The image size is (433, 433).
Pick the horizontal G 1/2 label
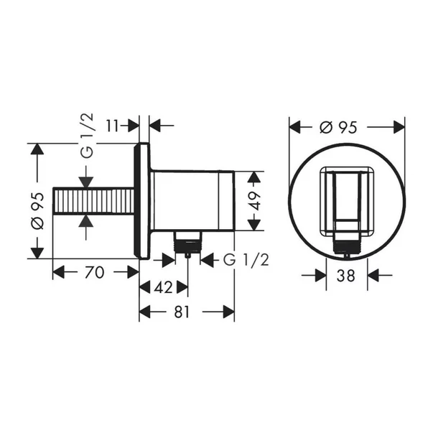(246, 259)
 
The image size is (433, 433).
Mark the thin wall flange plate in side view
(144, 201)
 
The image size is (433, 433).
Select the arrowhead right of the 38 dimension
(374, 274)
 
